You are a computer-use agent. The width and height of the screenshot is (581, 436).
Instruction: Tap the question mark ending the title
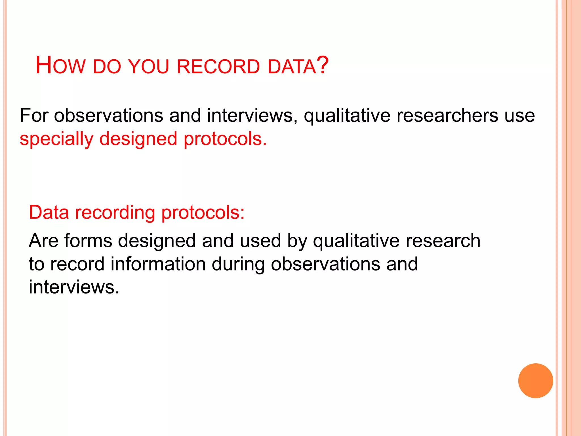(323, 65)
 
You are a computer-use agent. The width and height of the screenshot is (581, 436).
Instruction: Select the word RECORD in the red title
(218, 67)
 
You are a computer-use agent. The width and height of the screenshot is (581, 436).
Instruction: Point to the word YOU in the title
(148, 67)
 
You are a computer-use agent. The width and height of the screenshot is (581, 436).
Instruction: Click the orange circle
(535, 381)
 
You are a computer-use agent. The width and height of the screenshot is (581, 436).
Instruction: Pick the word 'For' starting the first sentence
(34, 116)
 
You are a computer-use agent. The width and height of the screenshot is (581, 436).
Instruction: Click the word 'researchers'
(447, 116)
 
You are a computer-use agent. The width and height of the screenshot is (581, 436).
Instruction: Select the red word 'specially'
(56, 139)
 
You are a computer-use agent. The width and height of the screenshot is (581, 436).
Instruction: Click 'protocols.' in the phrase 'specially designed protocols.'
(225, 139)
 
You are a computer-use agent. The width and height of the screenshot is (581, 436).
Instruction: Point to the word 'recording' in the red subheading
(115, 213)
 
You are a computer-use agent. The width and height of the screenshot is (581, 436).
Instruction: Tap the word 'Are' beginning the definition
(43, 241)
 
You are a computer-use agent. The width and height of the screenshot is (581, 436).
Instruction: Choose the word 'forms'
(88, 241)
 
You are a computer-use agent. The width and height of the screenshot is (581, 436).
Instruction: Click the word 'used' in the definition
(260, 241)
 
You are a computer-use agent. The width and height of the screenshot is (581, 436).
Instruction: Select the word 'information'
(158, 264)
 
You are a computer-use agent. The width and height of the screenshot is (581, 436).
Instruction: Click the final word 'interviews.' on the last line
(74, 287)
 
